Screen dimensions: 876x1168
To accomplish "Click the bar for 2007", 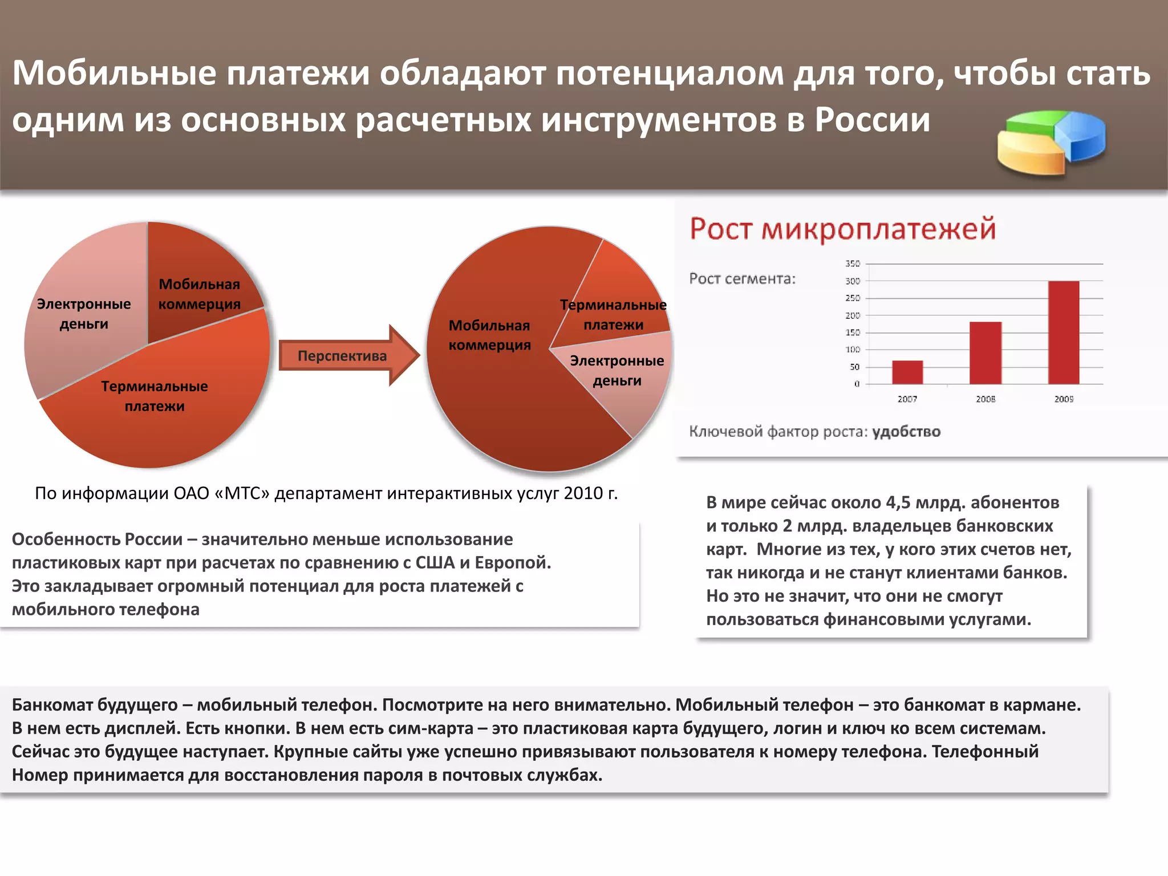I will coord(907,372).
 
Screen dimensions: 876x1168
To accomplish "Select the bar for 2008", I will coord(985,353).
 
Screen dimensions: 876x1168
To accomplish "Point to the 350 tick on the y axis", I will coord(853,263).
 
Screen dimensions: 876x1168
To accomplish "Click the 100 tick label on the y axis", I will coord(853,350).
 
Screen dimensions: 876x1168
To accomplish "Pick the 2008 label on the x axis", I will coord(985,399).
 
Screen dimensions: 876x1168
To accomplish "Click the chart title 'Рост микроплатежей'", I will coord(843,229).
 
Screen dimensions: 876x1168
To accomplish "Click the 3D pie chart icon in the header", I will coord(1051,143).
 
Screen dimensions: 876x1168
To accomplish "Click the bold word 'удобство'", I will coord(906,432).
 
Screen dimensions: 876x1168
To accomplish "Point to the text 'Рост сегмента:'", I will coord(742,279).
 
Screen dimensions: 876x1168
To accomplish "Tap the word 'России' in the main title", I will coord(873,120).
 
